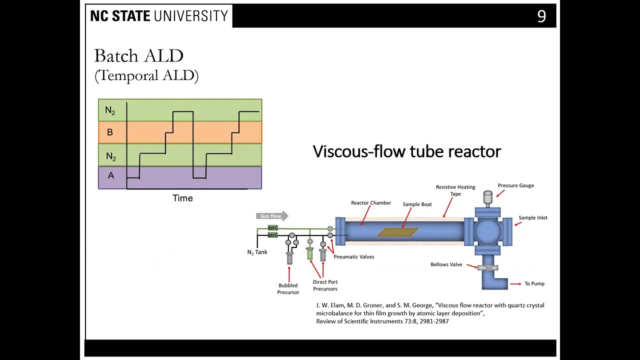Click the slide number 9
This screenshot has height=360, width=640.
(x=541, y=16)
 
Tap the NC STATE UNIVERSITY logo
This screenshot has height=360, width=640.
(x=159, y=16)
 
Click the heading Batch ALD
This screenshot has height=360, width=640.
(x=138, y=55)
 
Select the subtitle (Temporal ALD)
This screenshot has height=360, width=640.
(x=146, y=75)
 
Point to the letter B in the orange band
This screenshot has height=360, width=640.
(x=110, y=132)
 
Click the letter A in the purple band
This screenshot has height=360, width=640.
(x=110, y=175)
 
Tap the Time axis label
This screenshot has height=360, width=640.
(x=182, y=198)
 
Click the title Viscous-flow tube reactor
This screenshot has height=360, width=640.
(x=406, y=151)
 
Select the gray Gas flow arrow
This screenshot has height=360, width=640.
(x=272, y=216)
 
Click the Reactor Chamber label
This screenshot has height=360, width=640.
(x=370, y=203)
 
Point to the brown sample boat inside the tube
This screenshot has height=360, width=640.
(x=397, y=232)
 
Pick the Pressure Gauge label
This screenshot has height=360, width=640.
(x=515, y=185)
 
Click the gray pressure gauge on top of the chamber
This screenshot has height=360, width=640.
(x=487, y=197)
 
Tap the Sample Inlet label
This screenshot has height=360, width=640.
(x=532, y=218)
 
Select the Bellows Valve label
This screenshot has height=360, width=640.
(x=446, y=264)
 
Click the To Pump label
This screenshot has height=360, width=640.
(x=534, y=284)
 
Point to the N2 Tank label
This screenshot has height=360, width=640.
(x=257, y=252)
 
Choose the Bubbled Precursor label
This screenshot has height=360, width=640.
(x=288, y=289)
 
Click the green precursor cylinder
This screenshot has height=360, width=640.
(x=310, y=254)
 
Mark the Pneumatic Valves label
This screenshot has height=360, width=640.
(x=353, y=257)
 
